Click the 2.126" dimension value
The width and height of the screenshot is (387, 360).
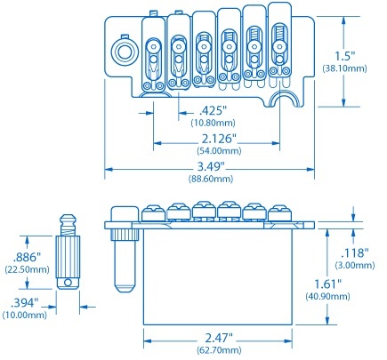tap(213, 140)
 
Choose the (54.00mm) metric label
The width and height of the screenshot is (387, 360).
tap(213, 151)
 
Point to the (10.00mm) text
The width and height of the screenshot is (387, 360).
tap(25, 315)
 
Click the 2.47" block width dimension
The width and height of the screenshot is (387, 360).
tap(218, 339)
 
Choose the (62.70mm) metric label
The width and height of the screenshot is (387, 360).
tap(218, 351)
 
